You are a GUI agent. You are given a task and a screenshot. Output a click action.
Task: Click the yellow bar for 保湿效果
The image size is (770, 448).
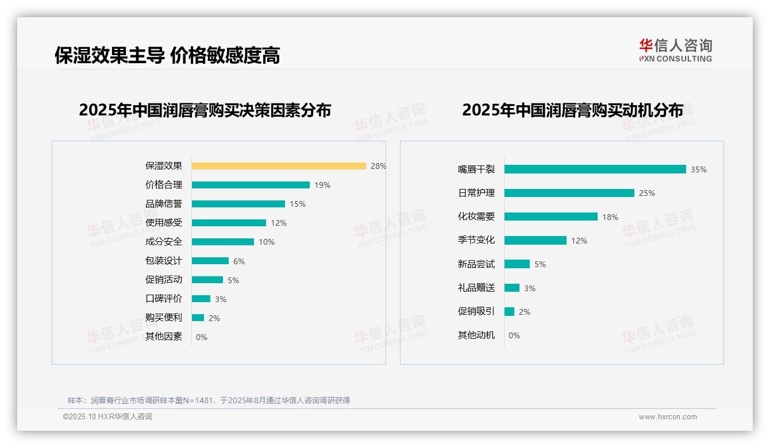click(x=279, y=166)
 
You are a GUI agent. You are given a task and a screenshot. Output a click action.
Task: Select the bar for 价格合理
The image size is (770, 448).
click(x=251, y=185)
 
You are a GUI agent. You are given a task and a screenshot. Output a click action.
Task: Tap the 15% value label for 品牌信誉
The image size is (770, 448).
click(x=298, y=204)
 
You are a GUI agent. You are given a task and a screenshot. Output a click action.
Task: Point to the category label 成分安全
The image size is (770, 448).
click(x=163, y=242)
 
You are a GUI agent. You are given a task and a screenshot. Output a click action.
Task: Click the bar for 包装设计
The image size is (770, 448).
click(x=210, y=261)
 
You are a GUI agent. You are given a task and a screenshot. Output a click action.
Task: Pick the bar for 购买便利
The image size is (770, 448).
click(x=198, y=318)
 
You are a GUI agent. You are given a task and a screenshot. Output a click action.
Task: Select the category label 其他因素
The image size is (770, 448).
click(x=163, y=337)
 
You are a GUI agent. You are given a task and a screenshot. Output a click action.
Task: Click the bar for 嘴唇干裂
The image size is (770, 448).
click(x=595, y=169)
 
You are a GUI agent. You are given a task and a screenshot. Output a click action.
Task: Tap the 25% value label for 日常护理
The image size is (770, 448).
click(x=647, y=193)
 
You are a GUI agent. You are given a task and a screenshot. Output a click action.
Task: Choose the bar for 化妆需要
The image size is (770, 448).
click(x=551, y=217)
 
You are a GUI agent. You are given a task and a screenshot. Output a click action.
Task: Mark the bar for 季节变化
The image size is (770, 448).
click(x=536, y=241)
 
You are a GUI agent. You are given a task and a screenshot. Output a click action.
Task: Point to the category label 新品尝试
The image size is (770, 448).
click(x=476, y=264)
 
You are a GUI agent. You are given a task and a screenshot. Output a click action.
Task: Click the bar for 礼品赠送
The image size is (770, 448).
click(x=512, y=288)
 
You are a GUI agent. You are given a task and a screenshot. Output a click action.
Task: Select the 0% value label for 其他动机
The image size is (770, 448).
click(x=514, y=335)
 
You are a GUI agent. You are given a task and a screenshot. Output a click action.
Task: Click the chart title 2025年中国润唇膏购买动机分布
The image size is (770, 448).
click(x=572, y=110)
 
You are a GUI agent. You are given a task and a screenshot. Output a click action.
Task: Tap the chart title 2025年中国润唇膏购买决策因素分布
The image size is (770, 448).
click(x=205, y=110)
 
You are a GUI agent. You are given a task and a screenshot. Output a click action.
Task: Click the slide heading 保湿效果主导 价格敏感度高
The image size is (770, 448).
click(x=167, y=55)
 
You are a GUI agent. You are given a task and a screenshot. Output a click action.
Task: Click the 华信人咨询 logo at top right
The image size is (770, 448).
click(x=675, y=50)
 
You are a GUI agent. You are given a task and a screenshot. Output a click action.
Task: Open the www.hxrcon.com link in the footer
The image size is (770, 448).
click(x=668, y=417)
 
